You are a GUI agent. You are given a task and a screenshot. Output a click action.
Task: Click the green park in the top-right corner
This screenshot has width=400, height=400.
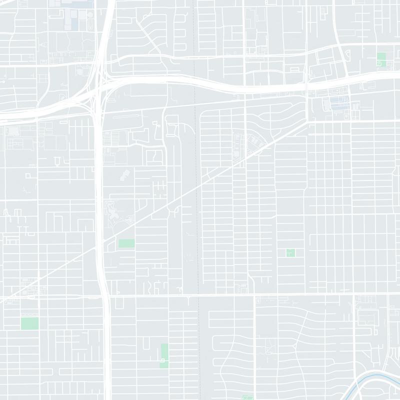click(381, 59)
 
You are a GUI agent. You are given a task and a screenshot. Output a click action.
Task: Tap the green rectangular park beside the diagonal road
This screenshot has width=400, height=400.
click(126, 243)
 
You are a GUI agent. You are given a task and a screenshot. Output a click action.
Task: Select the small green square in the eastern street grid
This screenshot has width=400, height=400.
click(290, 252)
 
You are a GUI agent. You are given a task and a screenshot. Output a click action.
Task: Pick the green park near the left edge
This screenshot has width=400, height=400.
click(29, 323)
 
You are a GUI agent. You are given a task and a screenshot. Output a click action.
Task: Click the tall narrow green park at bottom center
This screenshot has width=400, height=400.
click(164, 355)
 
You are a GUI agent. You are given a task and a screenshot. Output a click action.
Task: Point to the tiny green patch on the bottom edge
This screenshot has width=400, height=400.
click(246, 397)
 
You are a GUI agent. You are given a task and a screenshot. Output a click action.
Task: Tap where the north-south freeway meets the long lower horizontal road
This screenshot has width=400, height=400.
click(105, 295)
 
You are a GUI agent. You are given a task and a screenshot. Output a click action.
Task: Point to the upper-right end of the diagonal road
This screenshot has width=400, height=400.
click(306, 123)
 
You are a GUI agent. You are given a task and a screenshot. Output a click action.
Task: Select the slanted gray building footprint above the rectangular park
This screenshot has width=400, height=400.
click(124, 175)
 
